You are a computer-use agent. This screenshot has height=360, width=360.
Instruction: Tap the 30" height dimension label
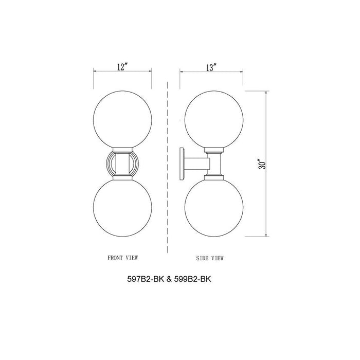[x=263, y=164]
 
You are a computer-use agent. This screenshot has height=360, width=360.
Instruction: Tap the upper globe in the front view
[x=122, y=118]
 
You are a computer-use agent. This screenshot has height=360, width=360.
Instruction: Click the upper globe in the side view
[x=213, y=118]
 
